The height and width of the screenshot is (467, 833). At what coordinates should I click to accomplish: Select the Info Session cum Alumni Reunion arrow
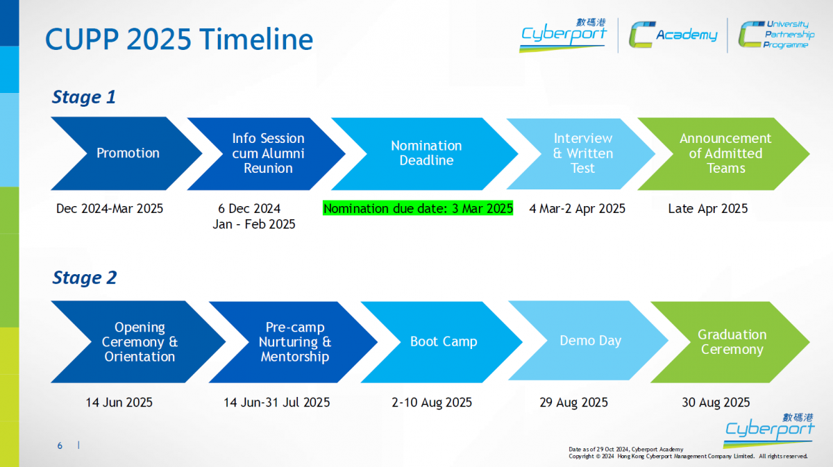coord(268,153)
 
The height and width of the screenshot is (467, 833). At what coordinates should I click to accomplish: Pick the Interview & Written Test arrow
coord(582,153)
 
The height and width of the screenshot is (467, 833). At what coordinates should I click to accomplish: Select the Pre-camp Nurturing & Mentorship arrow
coord(294,341)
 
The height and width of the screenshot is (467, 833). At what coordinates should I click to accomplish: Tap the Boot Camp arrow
coord(444,341)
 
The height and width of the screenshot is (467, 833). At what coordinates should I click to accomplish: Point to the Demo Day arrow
coord(590,341)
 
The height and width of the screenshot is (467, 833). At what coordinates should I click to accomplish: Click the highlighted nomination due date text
coord(418,208)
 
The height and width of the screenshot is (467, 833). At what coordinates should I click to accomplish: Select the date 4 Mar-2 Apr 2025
coord(577,209)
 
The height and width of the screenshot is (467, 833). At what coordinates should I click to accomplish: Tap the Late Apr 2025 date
coord(707,209)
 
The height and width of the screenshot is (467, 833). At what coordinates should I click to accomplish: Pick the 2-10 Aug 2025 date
coord(432,402)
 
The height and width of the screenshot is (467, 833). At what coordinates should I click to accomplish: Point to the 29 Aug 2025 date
coord(574,402)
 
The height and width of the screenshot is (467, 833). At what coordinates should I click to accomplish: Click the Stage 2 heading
coord(85,278)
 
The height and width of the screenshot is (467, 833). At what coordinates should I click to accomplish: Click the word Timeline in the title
coord(256,39)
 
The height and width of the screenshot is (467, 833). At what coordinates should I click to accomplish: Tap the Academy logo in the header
coord(673,35)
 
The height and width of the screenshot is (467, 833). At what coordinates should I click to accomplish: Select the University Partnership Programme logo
coord(776,35)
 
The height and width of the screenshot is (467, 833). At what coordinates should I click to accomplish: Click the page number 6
coord(60,445)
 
